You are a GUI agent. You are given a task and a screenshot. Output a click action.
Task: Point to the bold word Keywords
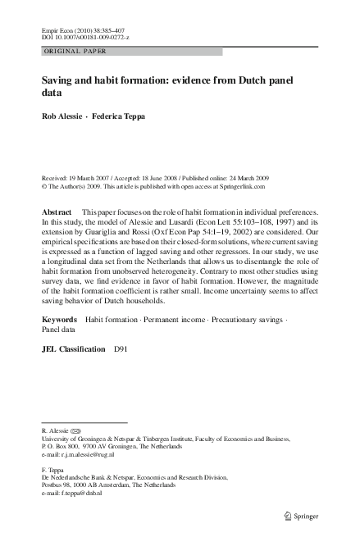click(60, 317)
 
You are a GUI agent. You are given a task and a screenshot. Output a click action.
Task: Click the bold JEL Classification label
click(73, 349)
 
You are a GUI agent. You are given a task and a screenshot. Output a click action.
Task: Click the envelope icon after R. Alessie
click(76, 430)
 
